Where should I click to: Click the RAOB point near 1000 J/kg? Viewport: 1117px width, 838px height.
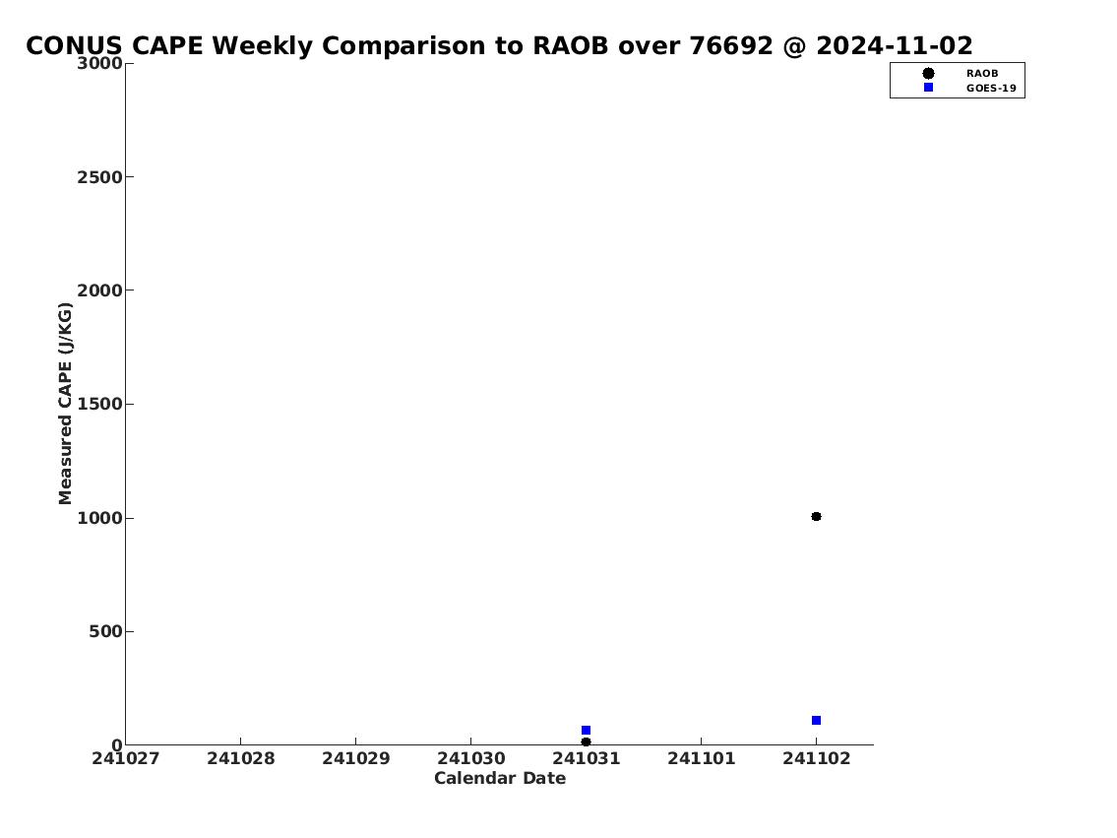(817, 517)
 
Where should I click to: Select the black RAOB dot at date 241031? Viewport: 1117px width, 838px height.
(587, 741)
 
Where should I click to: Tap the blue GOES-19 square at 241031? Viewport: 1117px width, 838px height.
(587, 731)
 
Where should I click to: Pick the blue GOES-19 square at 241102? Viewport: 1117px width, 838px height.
(817, 721)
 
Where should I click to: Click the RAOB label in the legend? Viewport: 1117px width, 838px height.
(982, 74)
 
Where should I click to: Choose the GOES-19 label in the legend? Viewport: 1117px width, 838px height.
(991, 89)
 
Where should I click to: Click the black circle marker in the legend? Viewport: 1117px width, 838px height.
(928, 74)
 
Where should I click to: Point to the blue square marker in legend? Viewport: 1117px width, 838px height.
(928, 87)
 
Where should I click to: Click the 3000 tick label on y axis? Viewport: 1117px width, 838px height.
(99, 63)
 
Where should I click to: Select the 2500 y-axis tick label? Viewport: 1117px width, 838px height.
(99, 176)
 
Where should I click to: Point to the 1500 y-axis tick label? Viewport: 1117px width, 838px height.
(99, 404)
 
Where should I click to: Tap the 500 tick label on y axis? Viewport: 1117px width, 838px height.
(105, 631)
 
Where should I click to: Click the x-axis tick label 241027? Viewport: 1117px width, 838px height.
(125, 758)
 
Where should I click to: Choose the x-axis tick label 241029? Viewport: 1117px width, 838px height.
(356, 758)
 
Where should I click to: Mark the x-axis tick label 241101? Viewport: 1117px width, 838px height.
(702, 758)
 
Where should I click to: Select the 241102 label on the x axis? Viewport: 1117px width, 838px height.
(817, 758)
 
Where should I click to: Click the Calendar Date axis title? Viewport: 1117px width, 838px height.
(500, 778)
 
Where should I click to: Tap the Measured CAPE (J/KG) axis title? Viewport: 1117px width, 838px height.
(65, 404)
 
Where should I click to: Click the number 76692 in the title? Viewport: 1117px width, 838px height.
(731, 45)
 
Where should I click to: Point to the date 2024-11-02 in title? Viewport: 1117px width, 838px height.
(894, 45)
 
